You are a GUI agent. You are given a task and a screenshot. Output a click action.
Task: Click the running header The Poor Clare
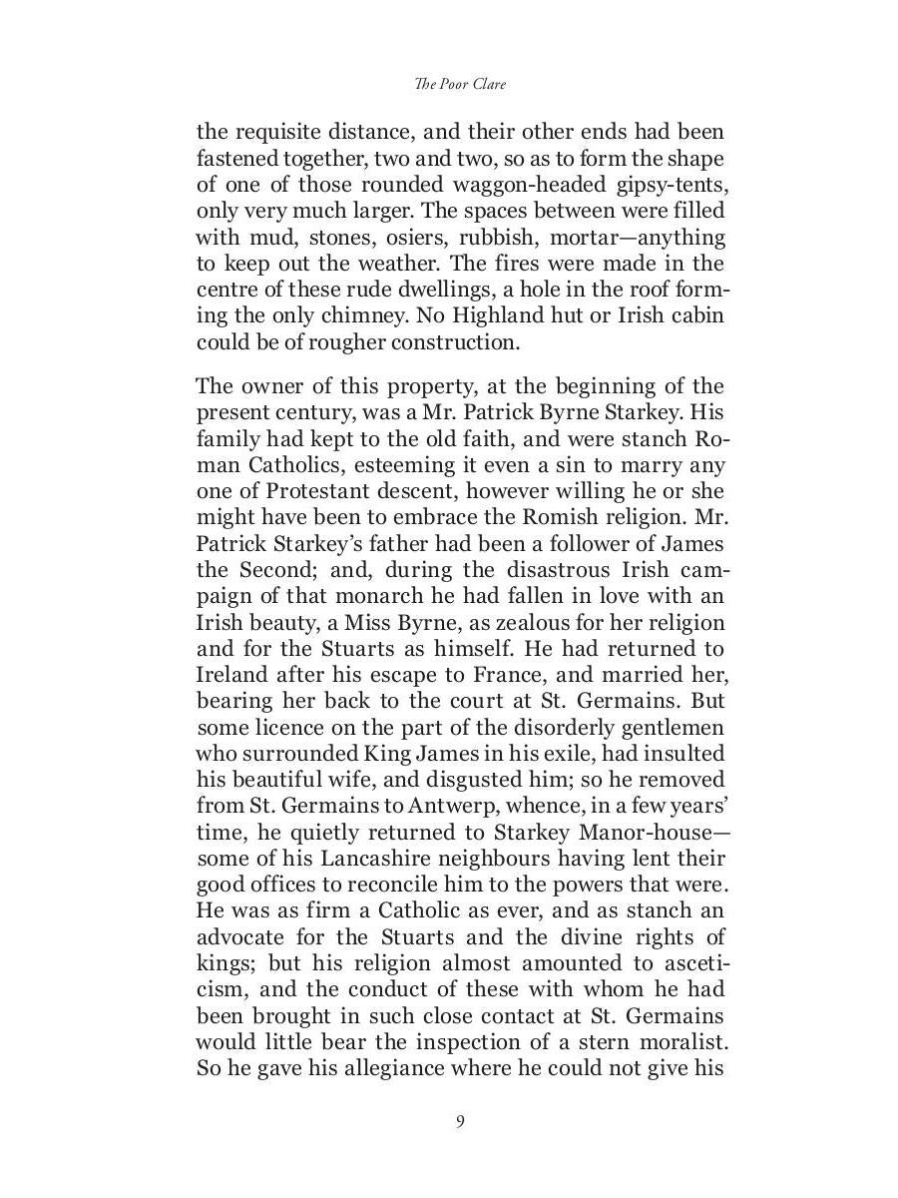459,85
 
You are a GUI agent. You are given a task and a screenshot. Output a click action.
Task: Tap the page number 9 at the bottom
460,1121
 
